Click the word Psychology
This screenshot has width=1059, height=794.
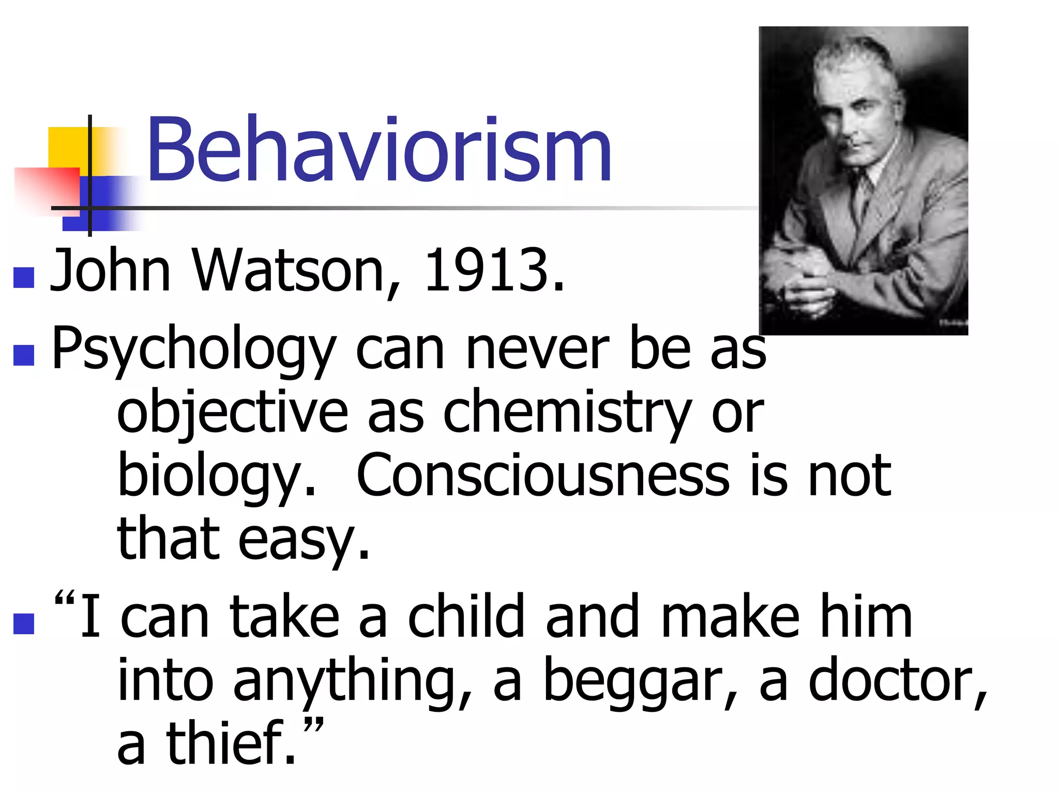(x=194, y=349)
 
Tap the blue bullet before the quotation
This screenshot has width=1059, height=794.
(x=24, y=623)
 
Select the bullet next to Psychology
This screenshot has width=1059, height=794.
(x=24, y=355)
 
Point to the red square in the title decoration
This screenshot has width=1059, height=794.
(x=47, y=189)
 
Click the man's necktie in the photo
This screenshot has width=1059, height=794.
(x=862, y=196)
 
